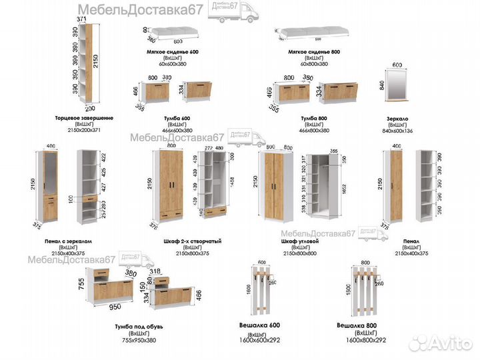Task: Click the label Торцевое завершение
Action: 84,118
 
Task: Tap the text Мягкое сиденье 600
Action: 172,52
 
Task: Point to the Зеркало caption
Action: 397,118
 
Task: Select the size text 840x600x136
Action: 397,131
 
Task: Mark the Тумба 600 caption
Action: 177,118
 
